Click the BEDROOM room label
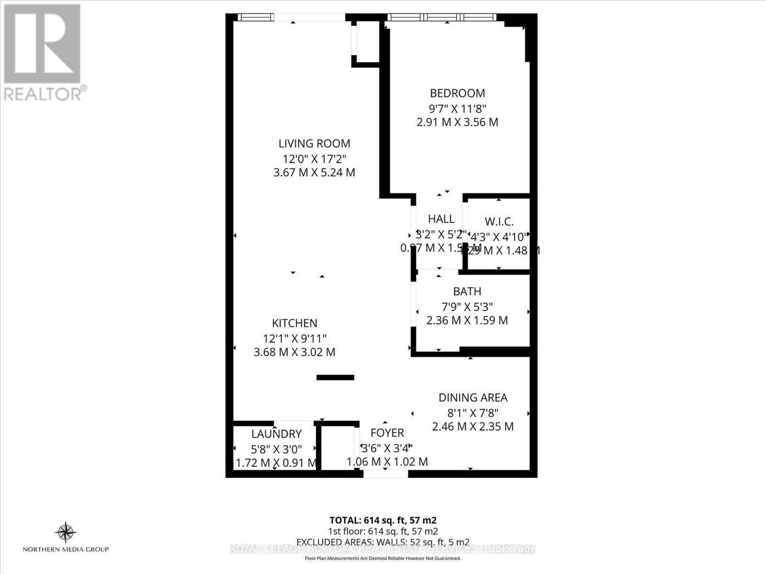[457, 93]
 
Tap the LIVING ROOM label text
[315, 143]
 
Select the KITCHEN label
[295, 323]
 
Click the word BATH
[467, 291]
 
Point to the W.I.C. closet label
[499, 222]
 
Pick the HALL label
[441, 219]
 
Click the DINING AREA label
[473, 397]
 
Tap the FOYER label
[387, 433]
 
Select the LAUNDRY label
[276, 434]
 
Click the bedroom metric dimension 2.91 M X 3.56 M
[457, 122]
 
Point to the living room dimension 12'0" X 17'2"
[315, 158]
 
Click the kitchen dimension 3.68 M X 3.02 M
[294, 353]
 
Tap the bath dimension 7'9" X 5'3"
[467, 306]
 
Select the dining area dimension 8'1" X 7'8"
[473, 412]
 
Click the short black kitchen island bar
[335, 377]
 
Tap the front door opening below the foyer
[385, 474]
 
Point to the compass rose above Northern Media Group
[66, 531]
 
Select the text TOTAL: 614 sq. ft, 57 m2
[383, 520]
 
